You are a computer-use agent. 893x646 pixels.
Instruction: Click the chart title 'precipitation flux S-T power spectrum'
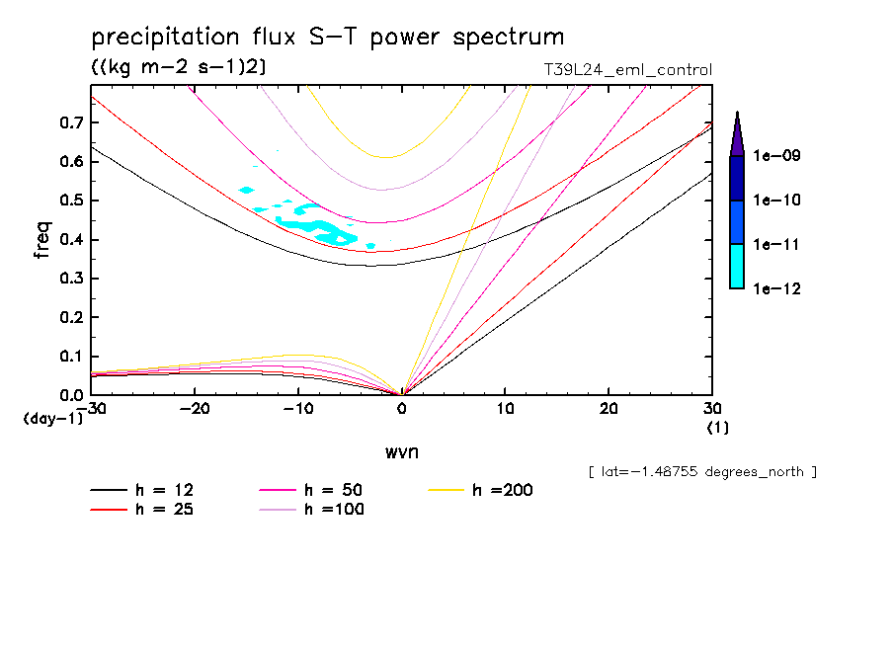tap(327, 39)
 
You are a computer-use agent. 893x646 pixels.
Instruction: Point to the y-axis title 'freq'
tap(42, 240)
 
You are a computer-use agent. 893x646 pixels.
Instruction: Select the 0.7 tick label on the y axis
tap(70, 122)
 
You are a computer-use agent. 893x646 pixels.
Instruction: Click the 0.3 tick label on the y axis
tap(70, 279)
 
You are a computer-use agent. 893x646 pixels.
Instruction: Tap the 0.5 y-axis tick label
tap(70, 201)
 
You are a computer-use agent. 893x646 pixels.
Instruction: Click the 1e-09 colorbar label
tap(777, 156)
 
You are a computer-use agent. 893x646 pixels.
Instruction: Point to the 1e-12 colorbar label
tap(777, 288)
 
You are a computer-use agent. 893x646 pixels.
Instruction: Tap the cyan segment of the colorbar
tap(737, 267)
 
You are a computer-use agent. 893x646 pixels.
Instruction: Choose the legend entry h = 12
tap(142, 490)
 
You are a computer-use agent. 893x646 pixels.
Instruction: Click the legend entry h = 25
tap(142, 510)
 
